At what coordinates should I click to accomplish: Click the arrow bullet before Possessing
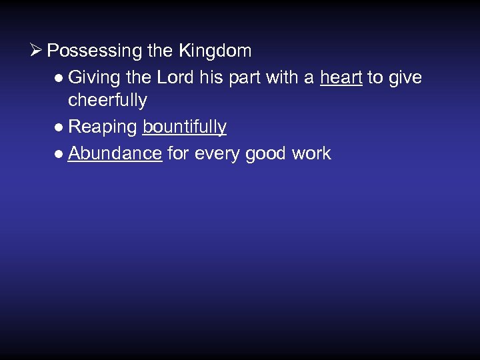pyautogui.click(x=37, y=51)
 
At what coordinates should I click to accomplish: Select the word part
pyautogui.click(x=245, y=78)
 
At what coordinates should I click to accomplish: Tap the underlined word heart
pyautogui.click(x=341, y=77)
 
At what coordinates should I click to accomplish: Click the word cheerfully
pyautogui.click(x=107, y=101)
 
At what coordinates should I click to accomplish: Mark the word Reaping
pyautogui.click(x=103, y=127)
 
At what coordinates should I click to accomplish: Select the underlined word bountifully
pyautogui.click(x=185, y=127)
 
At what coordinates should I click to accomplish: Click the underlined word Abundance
pyautogui.click(x=115, y=153)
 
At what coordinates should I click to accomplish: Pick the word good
pyautogui.click(x=267, y=154)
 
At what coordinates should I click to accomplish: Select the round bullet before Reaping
pyautogui.click(x=60, y=127)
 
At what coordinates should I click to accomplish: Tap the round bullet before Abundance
pyautogui.click(x=60, y=154)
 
